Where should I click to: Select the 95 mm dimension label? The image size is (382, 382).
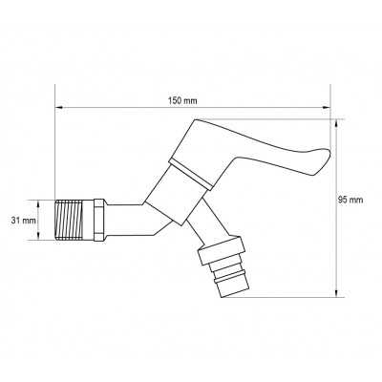click(x=351, y=200)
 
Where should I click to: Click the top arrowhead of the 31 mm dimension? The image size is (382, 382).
click(x=46, y=201)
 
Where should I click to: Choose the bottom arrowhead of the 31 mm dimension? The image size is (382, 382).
click(x=46, y=238)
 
